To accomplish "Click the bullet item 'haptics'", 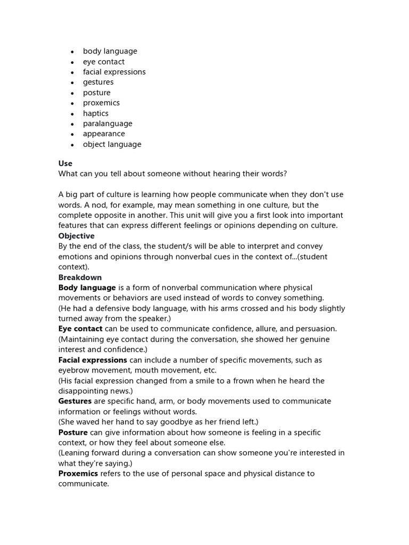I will tap(95, 113).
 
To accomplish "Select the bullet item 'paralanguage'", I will tap(108, 123).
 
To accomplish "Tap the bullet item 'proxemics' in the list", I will tap(101, 103).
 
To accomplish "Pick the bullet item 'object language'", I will tap(112, 144).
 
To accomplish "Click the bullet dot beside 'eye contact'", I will tap(72, 62).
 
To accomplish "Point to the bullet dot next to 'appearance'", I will tap(72, 135).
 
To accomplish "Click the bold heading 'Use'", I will tap(66, 163).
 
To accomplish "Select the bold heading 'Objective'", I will tap(76, 236).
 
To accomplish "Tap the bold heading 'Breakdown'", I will tap(80, 277).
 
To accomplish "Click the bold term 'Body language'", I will tap(87, 287).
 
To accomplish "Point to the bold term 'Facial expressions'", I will tap(93, 360).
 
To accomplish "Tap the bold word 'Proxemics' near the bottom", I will tap(78, 474).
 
